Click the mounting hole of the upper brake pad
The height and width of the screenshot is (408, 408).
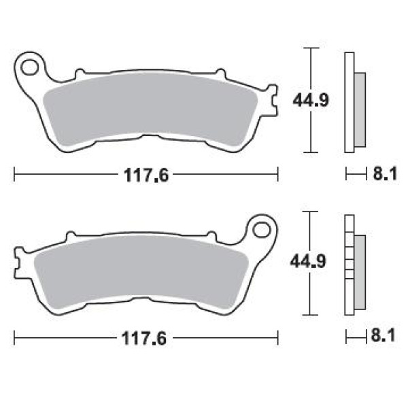click(29, 67)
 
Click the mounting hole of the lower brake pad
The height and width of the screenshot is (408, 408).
click(262, 230)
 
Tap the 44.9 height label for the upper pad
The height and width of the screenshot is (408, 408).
click(311, 100)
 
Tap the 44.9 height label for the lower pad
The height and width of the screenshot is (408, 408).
click(308, 262)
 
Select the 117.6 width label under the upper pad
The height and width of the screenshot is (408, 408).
click(146, 175)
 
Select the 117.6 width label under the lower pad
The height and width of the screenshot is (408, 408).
click(144, 339)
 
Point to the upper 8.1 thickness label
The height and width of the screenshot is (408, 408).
click(385, 174)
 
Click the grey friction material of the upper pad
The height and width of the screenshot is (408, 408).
click(150, 108)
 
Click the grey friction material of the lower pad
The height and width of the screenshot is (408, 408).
click(141, 271)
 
